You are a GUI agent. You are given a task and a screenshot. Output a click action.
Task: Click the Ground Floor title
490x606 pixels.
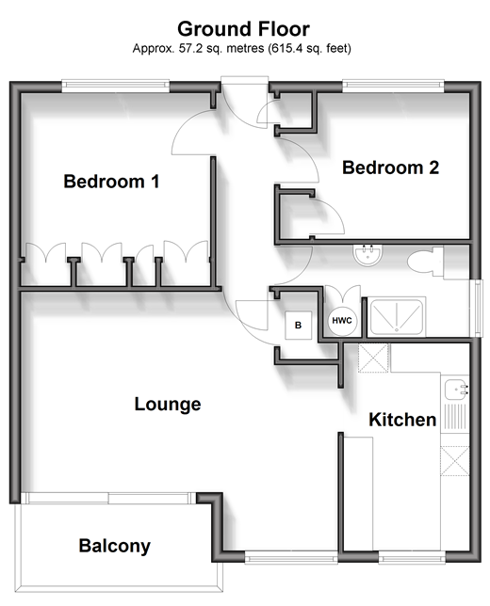pos(243,29)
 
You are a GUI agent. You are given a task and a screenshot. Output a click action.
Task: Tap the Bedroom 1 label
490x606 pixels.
pos(111,182)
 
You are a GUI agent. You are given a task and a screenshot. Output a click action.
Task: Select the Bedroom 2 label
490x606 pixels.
pos(390,167)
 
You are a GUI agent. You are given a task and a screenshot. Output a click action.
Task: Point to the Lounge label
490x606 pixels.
pos(168,405)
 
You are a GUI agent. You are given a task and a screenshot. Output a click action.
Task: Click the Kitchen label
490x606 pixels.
pos(402,420)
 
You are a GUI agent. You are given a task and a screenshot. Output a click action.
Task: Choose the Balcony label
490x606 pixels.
pos(115,546)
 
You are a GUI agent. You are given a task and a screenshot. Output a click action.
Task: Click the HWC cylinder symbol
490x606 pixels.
pos(342,320)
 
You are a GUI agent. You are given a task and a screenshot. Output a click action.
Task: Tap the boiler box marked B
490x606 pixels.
pos(298,325)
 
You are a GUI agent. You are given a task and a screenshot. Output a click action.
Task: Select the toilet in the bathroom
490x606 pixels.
pos(425,263)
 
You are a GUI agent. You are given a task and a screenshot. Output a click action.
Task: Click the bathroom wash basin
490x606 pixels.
pos(367,255)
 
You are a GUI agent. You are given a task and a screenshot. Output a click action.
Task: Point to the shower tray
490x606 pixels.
pos(397,316)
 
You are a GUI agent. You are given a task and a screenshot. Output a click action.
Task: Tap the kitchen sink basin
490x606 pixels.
pos(456,390)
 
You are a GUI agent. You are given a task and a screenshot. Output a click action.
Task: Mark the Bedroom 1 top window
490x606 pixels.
pos(115,86)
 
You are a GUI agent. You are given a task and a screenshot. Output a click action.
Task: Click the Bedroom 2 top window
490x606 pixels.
pos(393,86)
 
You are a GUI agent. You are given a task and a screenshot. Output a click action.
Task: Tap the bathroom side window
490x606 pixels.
pos(479,308)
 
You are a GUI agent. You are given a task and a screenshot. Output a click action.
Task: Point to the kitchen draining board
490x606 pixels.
pos(456,417)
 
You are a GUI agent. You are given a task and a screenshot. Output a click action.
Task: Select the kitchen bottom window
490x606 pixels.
pos(412,556)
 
